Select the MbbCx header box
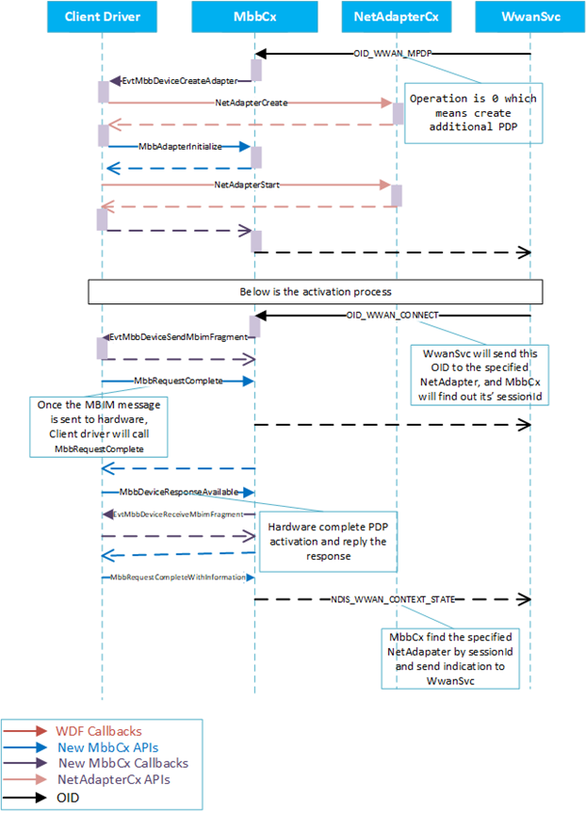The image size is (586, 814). point(253,17)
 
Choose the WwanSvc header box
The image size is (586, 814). point(530,17)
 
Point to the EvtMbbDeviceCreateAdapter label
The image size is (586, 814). point(180,82)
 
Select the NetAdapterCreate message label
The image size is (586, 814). point(251,100)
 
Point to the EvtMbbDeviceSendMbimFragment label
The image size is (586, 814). point(178,336)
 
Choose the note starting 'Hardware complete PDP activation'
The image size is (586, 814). point(323,541)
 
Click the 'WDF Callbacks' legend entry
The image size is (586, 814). point(95,730)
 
